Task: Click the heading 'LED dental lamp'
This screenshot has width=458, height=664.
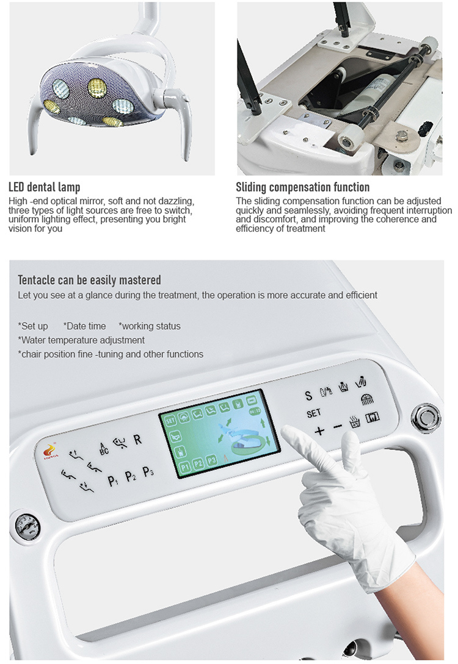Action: [x=44, y=187]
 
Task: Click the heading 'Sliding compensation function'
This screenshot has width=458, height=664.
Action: [x=302, y=187]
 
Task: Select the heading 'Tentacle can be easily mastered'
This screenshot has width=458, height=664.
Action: [x=89, y=280]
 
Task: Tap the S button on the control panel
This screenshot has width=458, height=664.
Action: [x=308, y=396]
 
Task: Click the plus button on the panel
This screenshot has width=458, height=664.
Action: [x=319, y=431]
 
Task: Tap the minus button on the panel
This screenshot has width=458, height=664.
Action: [x=338, y=428]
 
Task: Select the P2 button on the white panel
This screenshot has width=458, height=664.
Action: [x=131, y=477]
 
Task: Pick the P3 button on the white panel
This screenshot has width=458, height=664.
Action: [x=148, y=472]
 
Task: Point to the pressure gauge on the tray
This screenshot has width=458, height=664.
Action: [x=26, y=523]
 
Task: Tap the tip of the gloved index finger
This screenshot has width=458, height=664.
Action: [x=288, y=435]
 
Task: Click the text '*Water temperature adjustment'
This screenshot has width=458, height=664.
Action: [x=81, y=340]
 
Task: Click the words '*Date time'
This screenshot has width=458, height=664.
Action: [x=85, y=326]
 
